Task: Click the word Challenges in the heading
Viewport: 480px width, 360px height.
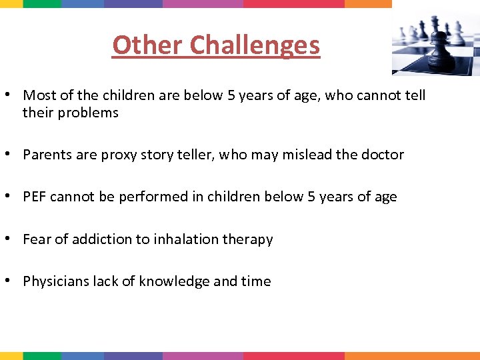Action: [x=255, y=45]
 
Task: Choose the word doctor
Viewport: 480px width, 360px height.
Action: [x=382, y=155]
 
